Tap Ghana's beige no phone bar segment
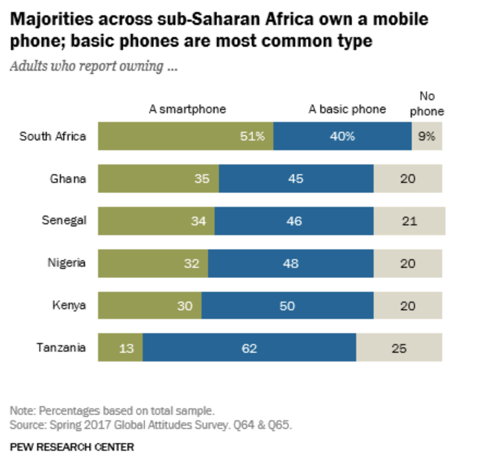pos(407,179)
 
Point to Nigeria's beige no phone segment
pos(407,263)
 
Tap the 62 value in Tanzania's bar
pos(249,348)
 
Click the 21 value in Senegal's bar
pos(409,221)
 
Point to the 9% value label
pos(426,136)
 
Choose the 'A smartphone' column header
pos(187,109)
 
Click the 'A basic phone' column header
pos(347,109)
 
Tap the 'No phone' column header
pos(426,104)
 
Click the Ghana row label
pos(68,178)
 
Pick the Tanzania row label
pos(61,347)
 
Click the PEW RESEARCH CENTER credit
pos(72,447)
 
